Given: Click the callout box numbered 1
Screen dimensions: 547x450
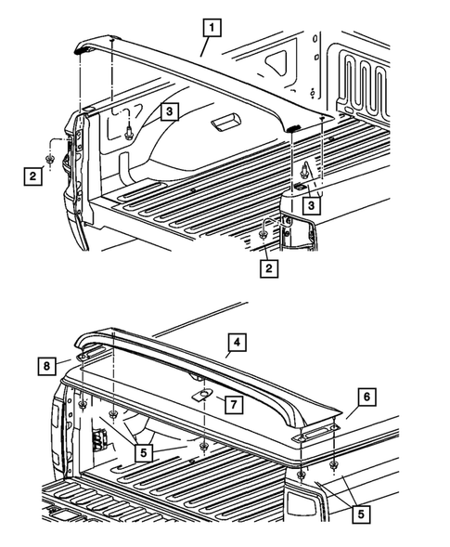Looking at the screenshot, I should (213, 28).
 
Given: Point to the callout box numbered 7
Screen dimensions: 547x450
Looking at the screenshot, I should (234, 404).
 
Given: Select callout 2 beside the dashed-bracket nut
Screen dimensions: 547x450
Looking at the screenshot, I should (32, 174).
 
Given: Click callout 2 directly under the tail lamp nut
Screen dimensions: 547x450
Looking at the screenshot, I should (269, 269).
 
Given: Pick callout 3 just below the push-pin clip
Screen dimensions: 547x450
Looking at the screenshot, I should (312, 204).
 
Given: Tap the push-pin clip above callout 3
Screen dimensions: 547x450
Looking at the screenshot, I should (304, 169).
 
